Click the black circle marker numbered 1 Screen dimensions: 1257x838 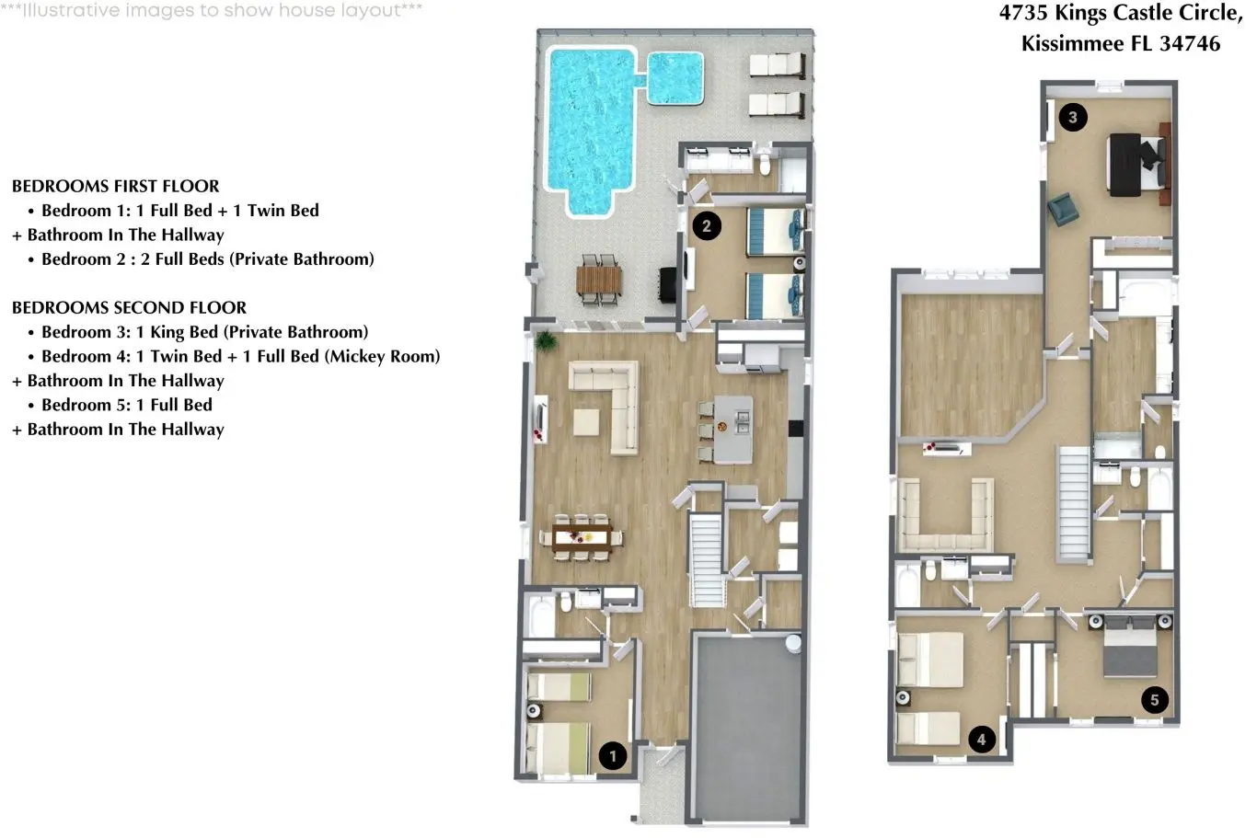pos(613,755)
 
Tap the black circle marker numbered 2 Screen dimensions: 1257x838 pos(707,225)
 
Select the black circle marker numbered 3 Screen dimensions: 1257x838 pos(1072,117)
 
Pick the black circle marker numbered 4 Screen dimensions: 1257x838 pos(982,740)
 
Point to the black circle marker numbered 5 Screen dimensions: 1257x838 pos(1154,699)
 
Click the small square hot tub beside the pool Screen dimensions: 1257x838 pos(675,78)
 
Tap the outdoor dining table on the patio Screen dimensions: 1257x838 pos(599,280)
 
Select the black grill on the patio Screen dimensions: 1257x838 pos(668,285)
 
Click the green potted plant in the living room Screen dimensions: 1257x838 pos(545,340)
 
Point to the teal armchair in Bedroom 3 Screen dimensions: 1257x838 pos(1062,209)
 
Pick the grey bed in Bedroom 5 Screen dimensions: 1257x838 pos(1130,646)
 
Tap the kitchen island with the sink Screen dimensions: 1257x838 pos(732,429)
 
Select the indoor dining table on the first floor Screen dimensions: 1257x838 pos(582,537)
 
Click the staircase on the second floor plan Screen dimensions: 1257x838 pos(1074,502)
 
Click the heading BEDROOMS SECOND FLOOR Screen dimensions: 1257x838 pos(129,307)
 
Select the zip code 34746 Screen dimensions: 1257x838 pos(1190,44)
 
